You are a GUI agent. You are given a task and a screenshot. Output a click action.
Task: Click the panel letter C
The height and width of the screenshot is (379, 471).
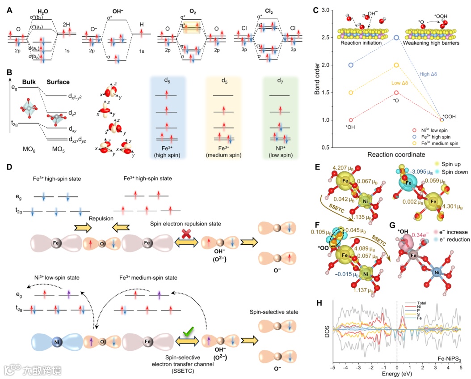click(x=316, y=9)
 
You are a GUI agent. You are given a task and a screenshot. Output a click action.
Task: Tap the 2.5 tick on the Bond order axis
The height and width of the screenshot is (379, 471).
click(x=330, y=38)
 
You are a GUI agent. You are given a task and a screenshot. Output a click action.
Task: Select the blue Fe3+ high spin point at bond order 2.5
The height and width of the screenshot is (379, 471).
click(x=396, y=38)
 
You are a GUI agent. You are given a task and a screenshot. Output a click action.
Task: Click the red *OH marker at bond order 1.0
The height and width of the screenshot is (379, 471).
click(x=351, y=120)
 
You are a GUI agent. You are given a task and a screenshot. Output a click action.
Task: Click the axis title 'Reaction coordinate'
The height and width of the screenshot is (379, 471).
click(x=396, y=154)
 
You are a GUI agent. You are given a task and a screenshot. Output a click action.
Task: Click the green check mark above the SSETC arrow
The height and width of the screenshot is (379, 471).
click(x=188, y=332)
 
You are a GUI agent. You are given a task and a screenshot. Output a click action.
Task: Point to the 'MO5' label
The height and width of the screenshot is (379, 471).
click(x=56, y=148)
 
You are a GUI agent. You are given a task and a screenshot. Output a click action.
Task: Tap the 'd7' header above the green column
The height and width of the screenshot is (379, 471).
click(x=279, y=81)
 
